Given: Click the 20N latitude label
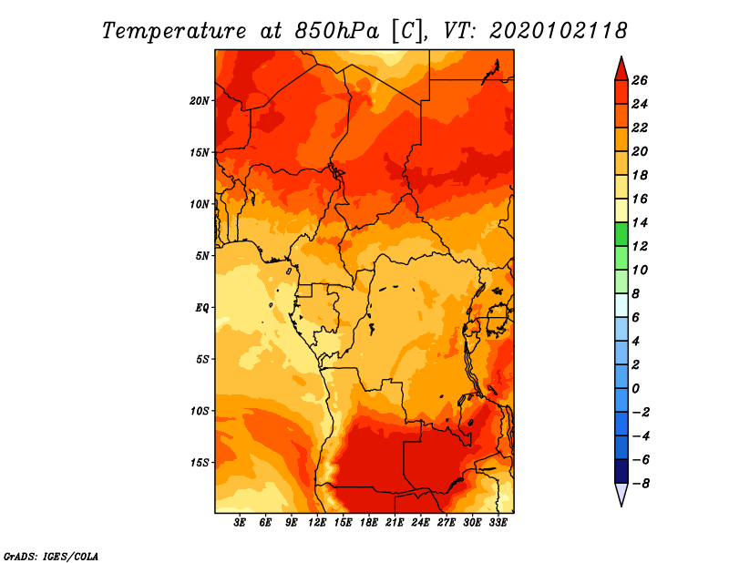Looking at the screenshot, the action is point(200,101).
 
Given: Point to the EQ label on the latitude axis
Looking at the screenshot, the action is point(201,308).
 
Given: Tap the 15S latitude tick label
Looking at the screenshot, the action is point(200,463).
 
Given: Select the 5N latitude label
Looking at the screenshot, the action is point(202,256).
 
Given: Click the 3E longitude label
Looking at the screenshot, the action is point(240,523).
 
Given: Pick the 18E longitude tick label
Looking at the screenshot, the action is point(369,523).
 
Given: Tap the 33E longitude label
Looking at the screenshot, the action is point(498,523).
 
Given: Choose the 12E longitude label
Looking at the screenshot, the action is point(317,523).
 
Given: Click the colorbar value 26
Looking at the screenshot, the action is point(640,80).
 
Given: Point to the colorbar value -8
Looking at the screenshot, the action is point(640,484).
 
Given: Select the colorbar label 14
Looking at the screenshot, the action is point(640,222).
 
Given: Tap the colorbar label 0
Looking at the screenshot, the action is point(635,389).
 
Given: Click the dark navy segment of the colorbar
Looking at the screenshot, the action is point(621,471).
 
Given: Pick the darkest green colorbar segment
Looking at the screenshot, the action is point(621,234).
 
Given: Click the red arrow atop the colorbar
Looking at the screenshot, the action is point(621,69).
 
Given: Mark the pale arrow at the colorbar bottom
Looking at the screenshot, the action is point(621,495).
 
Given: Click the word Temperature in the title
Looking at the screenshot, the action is point(174,31).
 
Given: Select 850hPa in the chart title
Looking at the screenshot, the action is point(336,31).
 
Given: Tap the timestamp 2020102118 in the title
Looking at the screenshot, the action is point(559,30).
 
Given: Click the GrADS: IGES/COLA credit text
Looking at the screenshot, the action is point(51,557).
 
